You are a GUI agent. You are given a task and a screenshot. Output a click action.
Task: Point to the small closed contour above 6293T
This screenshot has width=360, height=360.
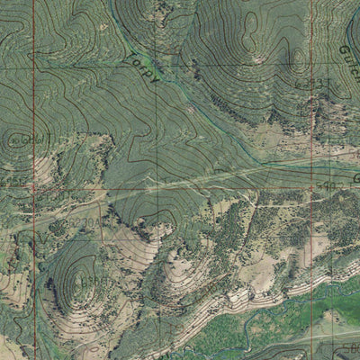click(298, 61)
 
